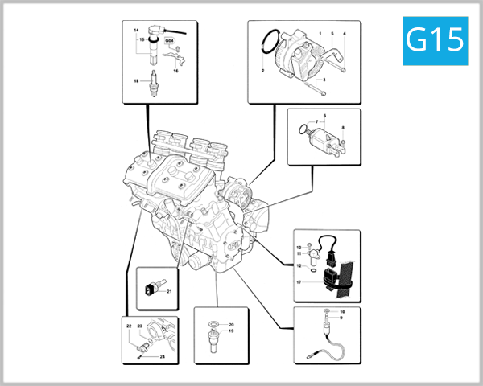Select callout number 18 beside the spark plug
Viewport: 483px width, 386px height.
tap(136, 80)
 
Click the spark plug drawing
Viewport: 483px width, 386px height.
tap(149, 82)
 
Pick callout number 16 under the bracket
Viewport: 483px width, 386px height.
tap(175, 71)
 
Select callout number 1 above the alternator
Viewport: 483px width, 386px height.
tap(320, 33)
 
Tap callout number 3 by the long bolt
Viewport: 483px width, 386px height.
tap(323, 80)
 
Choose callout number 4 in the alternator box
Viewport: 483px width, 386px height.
tap(345, 33)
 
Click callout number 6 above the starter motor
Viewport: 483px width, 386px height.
tap(323, 116)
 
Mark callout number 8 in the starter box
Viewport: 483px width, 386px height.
tap(342, 129)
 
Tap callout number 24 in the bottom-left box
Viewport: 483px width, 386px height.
tap(161, 355)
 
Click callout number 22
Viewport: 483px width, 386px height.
tap(129, 326)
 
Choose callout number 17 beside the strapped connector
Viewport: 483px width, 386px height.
tap(298, 282)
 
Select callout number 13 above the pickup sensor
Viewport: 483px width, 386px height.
tap(298, 247)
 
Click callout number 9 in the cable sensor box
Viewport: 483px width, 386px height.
tap(341, 318)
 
